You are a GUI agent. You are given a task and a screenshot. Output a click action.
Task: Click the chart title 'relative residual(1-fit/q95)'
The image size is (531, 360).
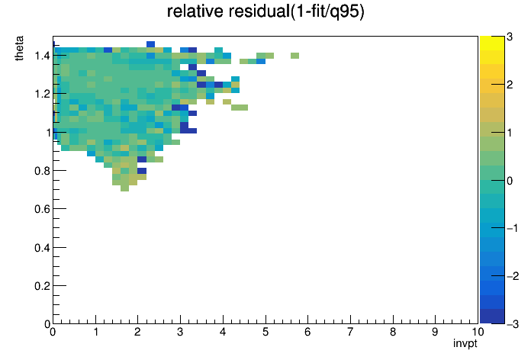[265, 11]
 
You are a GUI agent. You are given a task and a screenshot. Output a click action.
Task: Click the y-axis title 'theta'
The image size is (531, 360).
[19, 48]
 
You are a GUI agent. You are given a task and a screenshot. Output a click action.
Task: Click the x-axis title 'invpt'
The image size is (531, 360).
[465, 344]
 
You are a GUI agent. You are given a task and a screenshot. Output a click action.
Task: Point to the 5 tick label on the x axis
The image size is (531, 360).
[265, 332]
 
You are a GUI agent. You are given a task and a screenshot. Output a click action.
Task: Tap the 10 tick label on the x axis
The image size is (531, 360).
[478, 332]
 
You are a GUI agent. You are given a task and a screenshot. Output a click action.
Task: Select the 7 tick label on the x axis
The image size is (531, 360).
[350, 332]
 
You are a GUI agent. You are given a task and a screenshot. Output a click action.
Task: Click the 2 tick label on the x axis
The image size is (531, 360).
[137, 332]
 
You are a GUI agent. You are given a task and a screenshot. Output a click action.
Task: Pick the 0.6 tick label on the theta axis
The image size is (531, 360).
[42, 209]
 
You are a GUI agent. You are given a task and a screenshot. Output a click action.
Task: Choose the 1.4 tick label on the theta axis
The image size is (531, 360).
[42, 56]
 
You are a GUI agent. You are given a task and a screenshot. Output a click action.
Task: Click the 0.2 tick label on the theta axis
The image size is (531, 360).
[42, 286]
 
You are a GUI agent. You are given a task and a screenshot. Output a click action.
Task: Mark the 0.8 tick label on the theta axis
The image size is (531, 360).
[42, 171]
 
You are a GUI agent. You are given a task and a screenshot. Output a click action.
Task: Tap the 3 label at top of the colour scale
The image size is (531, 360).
[510, 37]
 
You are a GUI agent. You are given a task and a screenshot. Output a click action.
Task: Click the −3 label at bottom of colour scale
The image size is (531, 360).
[513, 324]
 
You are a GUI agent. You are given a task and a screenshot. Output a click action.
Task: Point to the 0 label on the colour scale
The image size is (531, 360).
[510, 181]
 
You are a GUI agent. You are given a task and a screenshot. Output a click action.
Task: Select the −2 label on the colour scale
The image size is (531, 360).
[513, 276]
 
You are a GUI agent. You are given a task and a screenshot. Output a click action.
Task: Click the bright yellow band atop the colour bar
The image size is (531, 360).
[492, 43]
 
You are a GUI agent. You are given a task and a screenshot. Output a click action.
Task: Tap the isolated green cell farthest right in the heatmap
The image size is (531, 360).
[294, 56]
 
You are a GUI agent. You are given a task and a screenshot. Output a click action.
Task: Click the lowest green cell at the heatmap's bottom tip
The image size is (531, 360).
[124, 188]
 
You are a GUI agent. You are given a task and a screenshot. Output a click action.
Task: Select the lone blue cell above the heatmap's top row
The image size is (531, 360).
[151, 44]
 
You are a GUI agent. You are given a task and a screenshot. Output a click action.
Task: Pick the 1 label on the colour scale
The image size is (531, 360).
[510, 133]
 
